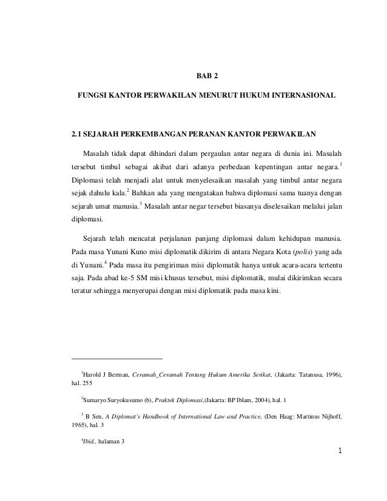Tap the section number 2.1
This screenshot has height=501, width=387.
(x=77, y=131)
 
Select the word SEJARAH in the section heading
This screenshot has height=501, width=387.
(x=103, y=131)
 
